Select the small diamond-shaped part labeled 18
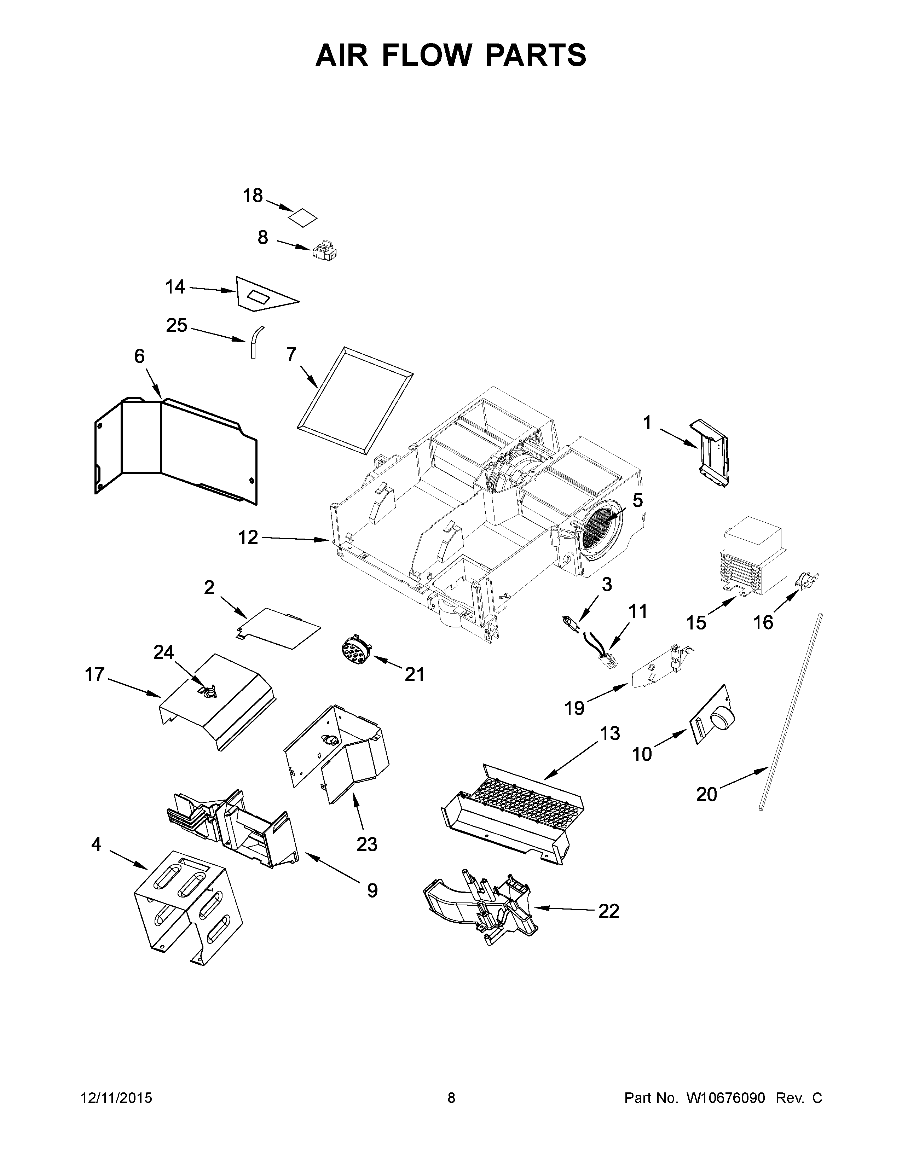(302, 218)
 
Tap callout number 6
(139, 356)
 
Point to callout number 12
(248, 537)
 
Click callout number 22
(609, 911)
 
